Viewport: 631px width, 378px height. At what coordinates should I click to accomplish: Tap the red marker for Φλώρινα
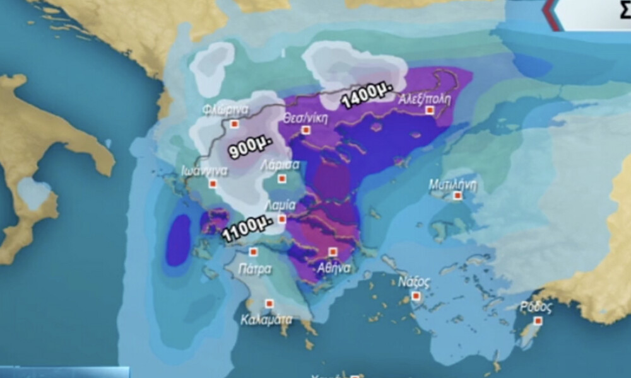(234, 124)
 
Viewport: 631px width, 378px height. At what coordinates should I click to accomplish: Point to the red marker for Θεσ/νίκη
(306, 130)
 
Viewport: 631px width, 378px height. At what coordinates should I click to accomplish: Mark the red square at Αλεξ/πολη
(430, 110)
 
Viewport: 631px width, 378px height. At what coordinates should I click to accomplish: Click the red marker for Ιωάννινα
(213, 184)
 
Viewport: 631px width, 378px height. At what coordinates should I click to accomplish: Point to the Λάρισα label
(280, 166)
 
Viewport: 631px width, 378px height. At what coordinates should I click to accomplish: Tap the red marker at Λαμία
(281, 219)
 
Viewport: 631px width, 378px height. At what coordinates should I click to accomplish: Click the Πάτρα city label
(255, 270)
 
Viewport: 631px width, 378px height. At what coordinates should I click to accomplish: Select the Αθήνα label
(334, 267)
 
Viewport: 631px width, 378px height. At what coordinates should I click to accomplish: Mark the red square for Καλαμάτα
(269, 304)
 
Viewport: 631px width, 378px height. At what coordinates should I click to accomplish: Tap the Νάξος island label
(415, 281)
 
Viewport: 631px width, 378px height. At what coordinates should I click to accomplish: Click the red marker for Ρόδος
(538, 321)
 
